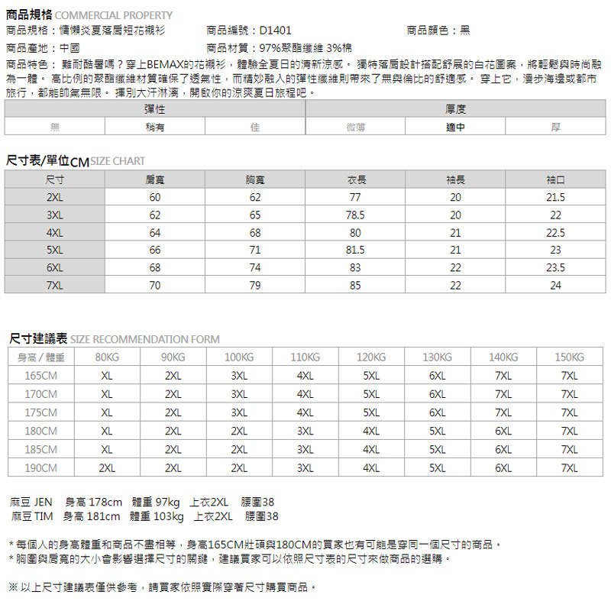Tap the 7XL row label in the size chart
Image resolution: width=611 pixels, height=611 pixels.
click(x=54, y=285)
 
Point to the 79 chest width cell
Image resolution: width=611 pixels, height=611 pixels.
click(x=255, y=285)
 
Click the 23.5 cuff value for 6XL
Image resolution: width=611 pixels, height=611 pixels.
click(x=555, y=267)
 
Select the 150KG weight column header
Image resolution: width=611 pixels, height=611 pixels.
click(x=569, y=357)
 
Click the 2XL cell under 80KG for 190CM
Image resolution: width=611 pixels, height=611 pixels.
click(x=107, y=467)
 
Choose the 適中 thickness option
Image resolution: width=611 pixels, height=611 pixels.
click(x=456, y=128)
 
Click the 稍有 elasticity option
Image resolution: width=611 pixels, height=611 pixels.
click(x=155, y=128)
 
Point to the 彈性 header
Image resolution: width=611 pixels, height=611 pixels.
click(x=155, y=111)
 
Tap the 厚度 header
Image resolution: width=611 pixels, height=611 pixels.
click(x=456, y=111)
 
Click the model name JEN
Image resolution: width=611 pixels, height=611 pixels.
click(x=43, y=502)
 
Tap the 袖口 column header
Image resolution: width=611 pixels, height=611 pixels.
click(x=555, y=180)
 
